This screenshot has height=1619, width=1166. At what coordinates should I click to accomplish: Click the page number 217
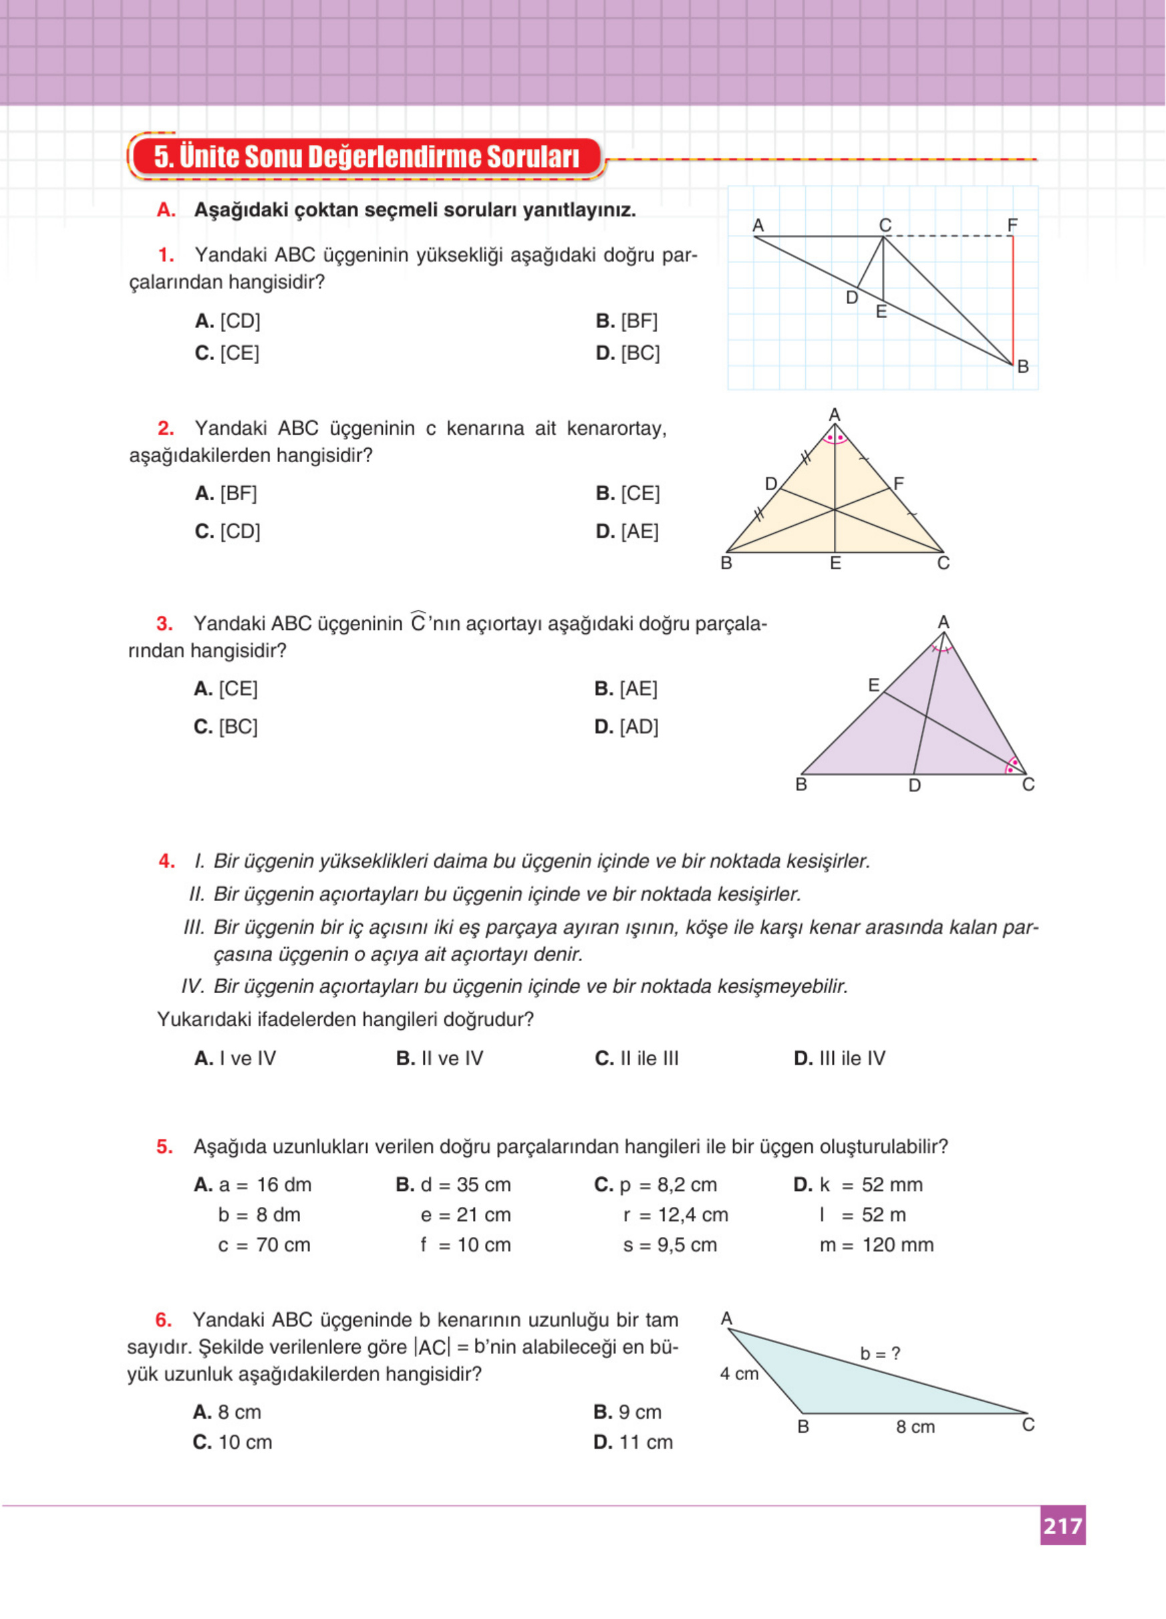[1062, 1525]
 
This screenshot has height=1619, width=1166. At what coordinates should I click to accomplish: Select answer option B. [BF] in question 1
[626, 321]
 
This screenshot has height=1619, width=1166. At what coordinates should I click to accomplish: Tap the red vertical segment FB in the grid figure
[1012, 300]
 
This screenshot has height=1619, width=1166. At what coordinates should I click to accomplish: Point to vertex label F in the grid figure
[1012, 226]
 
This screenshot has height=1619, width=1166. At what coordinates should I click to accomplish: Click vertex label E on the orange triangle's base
[835, 563]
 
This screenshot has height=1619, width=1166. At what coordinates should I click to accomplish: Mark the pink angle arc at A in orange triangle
[835, 438]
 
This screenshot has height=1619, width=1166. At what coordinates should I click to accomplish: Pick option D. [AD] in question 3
[626, 727]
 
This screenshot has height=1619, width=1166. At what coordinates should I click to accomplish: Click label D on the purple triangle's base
[915, 786]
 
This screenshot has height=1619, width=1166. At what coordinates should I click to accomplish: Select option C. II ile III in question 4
[636, 1058]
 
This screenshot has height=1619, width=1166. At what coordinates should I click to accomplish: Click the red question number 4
[166, 861]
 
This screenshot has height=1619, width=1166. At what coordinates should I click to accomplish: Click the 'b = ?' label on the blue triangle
[879, 1353]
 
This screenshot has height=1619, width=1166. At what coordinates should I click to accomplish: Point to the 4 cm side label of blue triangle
[739, 1373]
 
